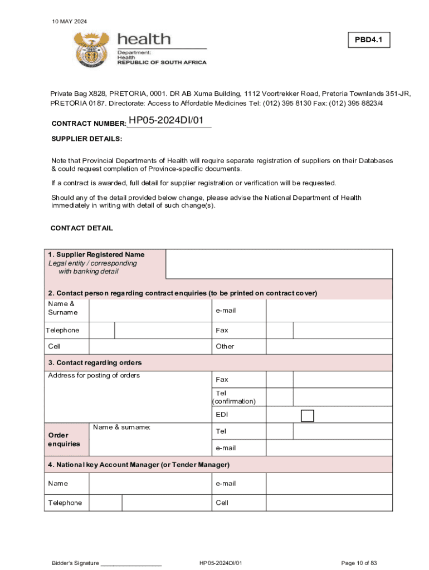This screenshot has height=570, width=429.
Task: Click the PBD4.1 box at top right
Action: pyautogui.click(x=369, y=40)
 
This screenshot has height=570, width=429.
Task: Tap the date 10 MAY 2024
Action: pyautogui.click(x=69, y=21)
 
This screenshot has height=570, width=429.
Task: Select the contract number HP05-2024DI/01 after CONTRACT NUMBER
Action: pyautogui.click(x=169, y=121)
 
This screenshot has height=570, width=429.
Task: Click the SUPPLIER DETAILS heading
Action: pyautogui.click(x=86, y=139)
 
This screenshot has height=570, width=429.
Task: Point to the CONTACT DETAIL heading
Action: pyautogui.click(x=82, y=228)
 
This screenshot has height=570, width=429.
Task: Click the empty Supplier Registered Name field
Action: pyautogui.click(x=279, y=264)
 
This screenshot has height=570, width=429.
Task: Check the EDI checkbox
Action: pyautogui.click(x=307, y=416)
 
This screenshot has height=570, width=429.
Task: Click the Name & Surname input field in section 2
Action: pyautogui.click(x=150, y=311)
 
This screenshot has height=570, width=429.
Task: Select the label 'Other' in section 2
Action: pyautogui.click(x=225, y=346)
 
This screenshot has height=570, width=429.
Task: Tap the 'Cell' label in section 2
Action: pyautogui.click(x=55, y=346)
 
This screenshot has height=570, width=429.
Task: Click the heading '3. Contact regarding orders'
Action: pyautogui.click(x=95, y=363)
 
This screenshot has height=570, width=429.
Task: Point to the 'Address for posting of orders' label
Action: pyautogui.click(x=94, y=376)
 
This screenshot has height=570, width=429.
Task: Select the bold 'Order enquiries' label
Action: pyautogui.click(x=64, y=439)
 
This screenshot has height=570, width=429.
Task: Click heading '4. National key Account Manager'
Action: pyautogui.click(x=139, y=464)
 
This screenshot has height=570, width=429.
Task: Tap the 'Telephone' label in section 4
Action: pyautogui.click(x=65, y=503)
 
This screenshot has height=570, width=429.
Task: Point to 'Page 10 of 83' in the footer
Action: pyautogui.click(x=360, y=563)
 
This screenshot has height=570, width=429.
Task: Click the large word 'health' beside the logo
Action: pyautogui.click(x=144, y=39)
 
